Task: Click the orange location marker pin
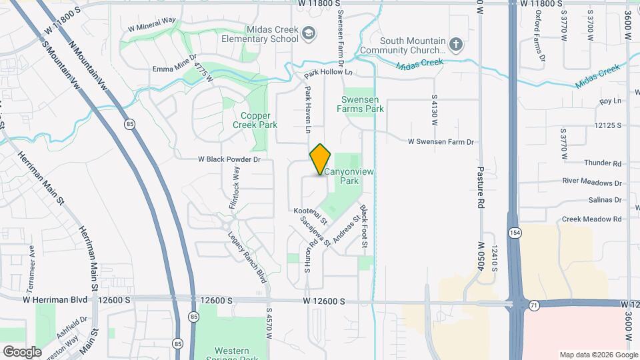tap(321, 159)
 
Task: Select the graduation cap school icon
tap(309, 31)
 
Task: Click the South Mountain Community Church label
tap(402, 45)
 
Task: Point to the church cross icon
tap(456, 45)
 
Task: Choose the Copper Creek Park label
tap(255, 120)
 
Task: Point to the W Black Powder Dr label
tap(228, 160)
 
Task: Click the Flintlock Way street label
tap(234, 189)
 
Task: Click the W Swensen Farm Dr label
tap(440, 142)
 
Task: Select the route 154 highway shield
tap(514, 233)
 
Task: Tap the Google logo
tap(22, 351)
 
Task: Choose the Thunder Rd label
tap(602, 163)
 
